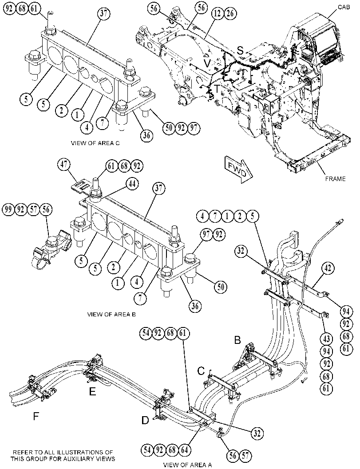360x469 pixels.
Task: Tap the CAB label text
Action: tap(344, 7)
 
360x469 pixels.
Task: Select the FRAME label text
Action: tap(335, 179)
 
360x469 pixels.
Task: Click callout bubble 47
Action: tap(65, 165)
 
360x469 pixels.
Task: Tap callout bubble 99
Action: tap(9, 210)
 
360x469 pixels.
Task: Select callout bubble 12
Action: tap(218, 13)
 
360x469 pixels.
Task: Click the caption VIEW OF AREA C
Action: tap(95, 143)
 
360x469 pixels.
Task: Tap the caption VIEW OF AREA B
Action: tap(111, 314)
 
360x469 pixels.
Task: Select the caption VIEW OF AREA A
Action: tap(187, 465)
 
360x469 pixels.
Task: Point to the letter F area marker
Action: tap(36, 416)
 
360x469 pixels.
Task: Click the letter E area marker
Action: tap(92, 391)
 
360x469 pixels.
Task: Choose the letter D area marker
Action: tap(145, 421)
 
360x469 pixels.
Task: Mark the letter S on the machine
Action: tap(240, 51)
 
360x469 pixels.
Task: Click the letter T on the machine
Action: tap(216, 89)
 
